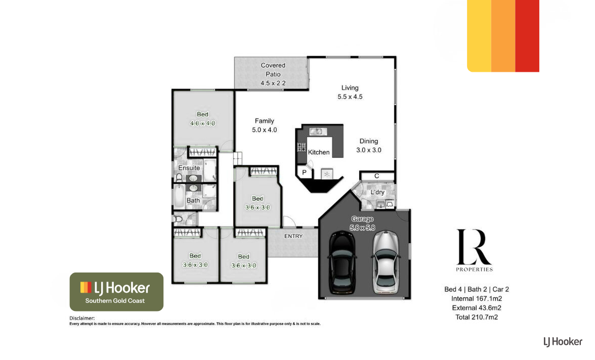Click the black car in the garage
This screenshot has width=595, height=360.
click(342, 262)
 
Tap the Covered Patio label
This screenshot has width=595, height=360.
click(273, 70)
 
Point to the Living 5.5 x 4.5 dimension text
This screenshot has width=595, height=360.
click(350, 97)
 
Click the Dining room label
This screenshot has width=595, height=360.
click(368, 141)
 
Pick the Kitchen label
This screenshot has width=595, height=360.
click(319, 152)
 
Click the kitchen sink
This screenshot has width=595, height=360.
click(318, 131)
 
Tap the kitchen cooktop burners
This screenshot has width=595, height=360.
click(302, 147)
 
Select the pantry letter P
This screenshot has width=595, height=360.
click(304, 172)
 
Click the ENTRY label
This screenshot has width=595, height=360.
click(293, 236)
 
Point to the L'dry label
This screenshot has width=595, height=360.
click(377, 192)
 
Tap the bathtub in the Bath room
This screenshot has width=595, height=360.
click(179, 196)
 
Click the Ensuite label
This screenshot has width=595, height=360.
click(189, 168)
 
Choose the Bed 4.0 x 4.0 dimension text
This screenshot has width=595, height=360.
click(202, 123)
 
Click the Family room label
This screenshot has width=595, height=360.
click(265, 121)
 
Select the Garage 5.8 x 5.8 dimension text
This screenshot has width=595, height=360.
click(362, 228)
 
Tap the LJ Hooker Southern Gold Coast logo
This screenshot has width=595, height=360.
click(116, 292)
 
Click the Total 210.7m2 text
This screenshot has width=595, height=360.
click(477, 317)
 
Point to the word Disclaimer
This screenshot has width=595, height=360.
click(82, 318)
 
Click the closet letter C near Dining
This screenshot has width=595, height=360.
click(376, 176)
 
